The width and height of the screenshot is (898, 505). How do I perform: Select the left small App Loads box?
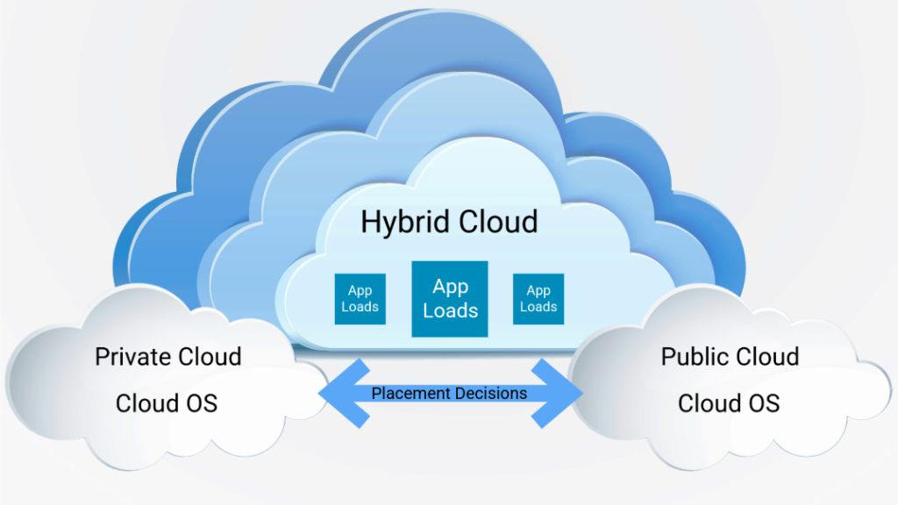[360, 299]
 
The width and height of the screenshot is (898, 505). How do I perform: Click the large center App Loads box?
[450, 299]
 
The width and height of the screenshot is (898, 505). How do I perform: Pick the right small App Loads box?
[538, 299]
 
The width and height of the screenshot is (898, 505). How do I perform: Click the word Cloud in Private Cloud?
[210, 357]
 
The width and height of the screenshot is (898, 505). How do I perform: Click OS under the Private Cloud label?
[199, 403]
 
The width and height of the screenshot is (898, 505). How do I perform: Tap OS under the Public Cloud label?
[761, 403]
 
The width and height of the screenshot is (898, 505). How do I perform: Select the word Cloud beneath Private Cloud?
[146, 403]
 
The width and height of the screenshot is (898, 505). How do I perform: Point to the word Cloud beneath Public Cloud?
[709, 403]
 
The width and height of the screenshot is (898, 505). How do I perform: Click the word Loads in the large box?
[450, 310]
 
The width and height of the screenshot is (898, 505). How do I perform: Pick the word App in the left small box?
[360, 291]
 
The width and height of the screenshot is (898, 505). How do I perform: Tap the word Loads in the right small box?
[538, 307]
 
